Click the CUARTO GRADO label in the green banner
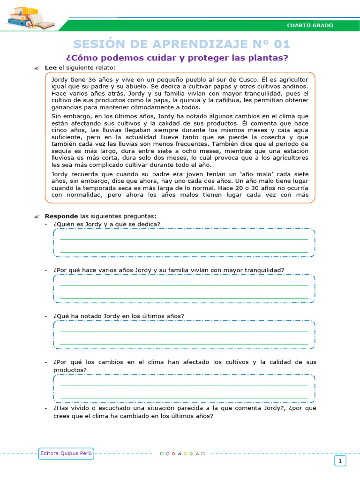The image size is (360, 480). (310, 25)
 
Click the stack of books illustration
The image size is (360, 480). (29, 18)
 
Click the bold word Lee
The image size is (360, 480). (50, 68)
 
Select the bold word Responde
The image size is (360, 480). (61, 216)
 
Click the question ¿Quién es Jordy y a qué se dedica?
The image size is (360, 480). (107, 224)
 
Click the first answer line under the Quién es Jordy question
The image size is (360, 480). (184, 239)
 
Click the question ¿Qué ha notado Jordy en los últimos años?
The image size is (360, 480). (119, 316)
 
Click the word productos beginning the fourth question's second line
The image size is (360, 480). (70, 370)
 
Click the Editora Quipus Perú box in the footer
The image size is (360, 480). (66, 453)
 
